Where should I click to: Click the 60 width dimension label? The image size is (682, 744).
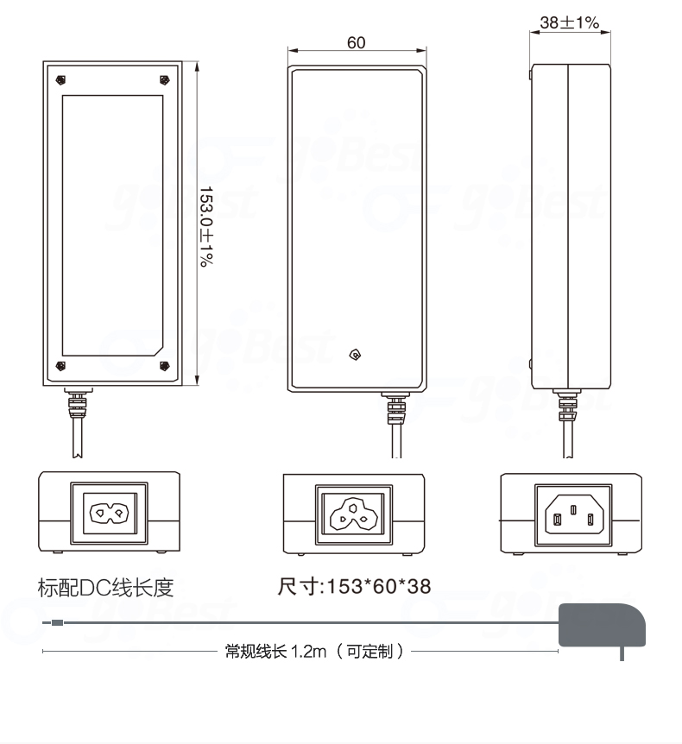pos(356,43)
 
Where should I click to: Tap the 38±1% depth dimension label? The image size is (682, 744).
pos(570,22)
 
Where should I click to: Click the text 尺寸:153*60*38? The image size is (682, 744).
pos(354,588)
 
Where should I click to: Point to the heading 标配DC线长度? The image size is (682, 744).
pos(106,588)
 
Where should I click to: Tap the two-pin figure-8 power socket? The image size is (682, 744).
pos(109,514)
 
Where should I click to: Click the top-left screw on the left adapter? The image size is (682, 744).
pos(60,80)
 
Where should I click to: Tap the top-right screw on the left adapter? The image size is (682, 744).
pos(164,80)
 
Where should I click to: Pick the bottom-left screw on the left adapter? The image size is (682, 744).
pos(60,366)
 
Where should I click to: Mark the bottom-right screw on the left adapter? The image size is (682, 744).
pos(164,366)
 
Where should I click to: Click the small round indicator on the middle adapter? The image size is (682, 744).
pos(354,355)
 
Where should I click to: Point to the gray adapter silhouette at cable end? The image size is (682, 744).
pos(602,625)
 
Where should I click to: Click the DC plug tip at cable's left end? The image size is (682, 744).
pos(56,621)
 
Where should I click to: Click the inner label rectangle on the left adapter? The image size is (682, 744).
pos(112,224)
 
